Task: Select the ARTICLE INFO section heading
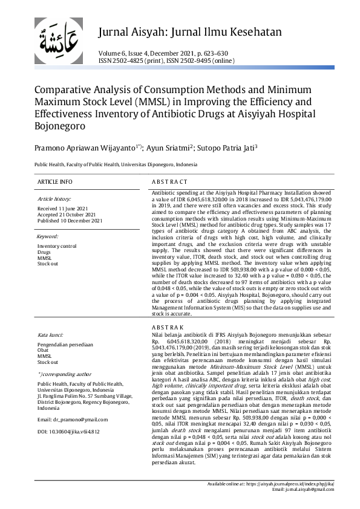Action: tap(54, 181)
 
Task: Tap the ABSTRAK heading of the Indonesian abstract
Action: tap(167, 327)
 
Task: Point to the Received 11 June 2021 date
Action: tap(62, 208)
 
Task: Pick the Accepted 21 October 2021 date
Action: tap(66, 214)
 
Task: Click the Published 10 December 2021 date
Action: tap(70, 220)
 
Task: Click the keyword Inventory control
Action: tap(57, 246)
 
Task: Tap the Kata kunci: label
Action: tap(51, 334)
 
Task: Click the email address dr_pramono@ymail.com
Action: tap(73, 402)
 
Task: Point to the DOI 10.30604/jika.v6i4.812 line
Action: tap(68, 414)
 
